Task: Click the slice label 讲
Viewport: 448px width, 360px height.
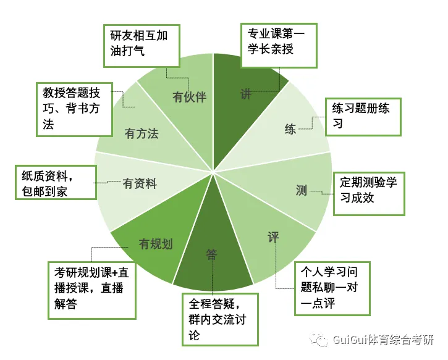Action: click(x=247, y=94)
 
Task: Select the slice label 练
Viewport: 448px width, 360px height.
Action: click(x=290, y=129)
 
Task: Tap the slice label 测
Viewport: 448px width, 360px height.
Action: click(x=302, y=190)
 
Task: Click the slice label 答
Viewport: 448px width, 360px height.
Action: click(x=212, y=253)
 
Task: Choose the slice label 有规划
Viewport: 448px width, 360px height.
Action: click(x=156, y=243)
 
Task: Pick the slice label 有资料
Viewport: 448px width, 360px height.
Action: click(x=140, y=183)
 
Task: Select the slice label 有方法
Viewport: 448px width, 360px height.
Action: click(x=142, y=133)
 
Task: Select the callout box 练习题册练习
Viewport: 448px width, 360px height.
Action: click(x=364, y=116)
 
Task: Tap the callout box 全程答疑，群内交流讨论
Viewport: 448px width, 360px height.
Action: click(x=219, y=319)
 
